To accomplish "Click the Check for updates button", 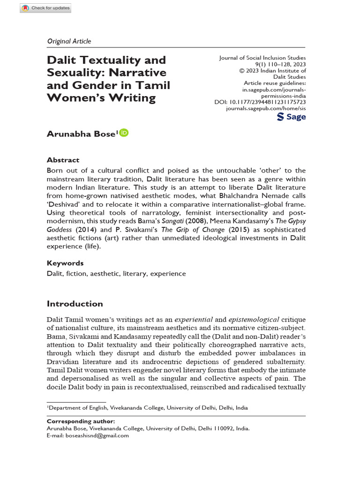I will pos(45,8).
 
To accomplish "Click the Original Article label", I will pos(69,41).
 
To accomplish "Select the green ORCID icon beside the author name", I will pos(124,133).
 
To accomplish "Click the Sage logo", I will pos(292,116).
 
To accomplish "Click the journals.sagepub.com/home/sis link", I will pos(265,108).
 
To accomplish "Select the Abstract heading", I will pos(63,160).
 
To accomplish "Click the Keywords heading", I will pos(65,263).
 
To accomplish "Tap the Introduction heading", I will pos(75,304).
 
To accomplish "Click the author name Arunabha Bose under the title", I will pos(80,134).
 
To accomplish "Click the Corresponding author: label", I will pos(81,421).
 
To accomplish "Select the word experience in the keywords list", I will pos(168,274).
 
